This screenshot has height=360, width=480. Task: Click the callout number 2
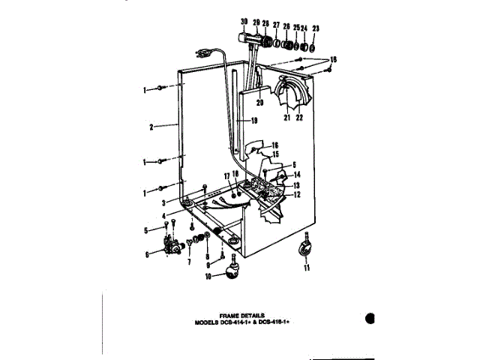[151, 127]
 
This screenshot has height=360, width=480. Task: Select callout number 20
[259, 102]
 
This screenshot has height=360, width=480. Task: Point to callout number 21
[286, 117]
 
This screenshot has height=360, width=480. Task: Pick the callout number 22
[298, 117]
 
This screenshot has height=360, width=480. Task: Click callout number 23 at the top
[315, 28]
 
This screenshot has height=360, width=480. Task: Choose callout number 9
[206, 264]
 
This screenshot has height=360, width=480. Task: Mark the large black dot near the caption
[370, 317]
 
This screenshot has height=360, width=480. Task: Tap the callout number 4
[174, 216]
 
